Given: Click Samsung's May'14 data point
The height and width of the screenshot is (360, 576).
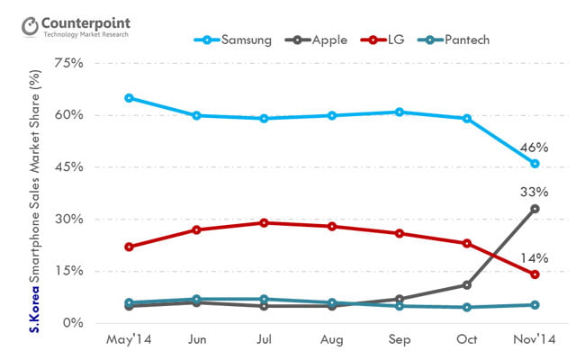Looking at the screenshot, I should [x=130, y=98].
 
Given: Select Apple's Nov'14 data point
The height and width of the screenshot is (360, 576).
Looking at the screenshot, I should [x=535, y=209].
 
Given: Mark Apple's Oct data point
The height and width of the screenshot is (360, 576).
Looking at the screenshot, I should [x=467, y=285].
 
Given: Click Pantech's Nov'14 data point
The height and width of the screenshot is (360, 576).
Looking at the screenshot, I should [x=535, y=305].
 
